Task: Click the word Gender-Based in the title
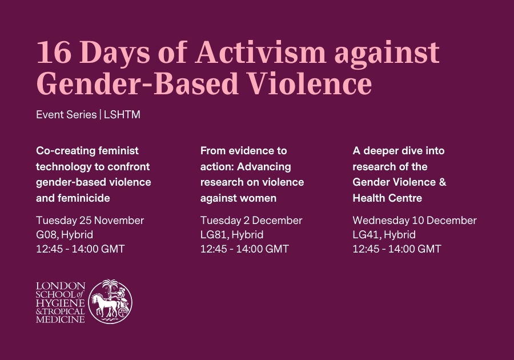click(x=138, y=84)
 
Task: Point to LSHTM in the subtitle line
click(x=122, y=115)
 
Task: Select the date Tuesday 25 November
click(x=90, y=221)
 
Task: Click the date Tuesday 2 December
click(x=251, y=221)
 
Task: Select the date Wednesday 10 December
click(x=414, y=221)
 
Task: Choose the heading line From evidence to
click(x=243, y=151)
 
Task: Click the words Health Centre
click(x=388, y=198)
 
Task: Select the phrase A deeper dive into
click(x=398, y=151)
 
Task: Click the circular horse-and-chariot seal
click(x=110, y=302)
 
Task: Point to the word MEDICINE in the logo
click(x=61, y=319)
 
